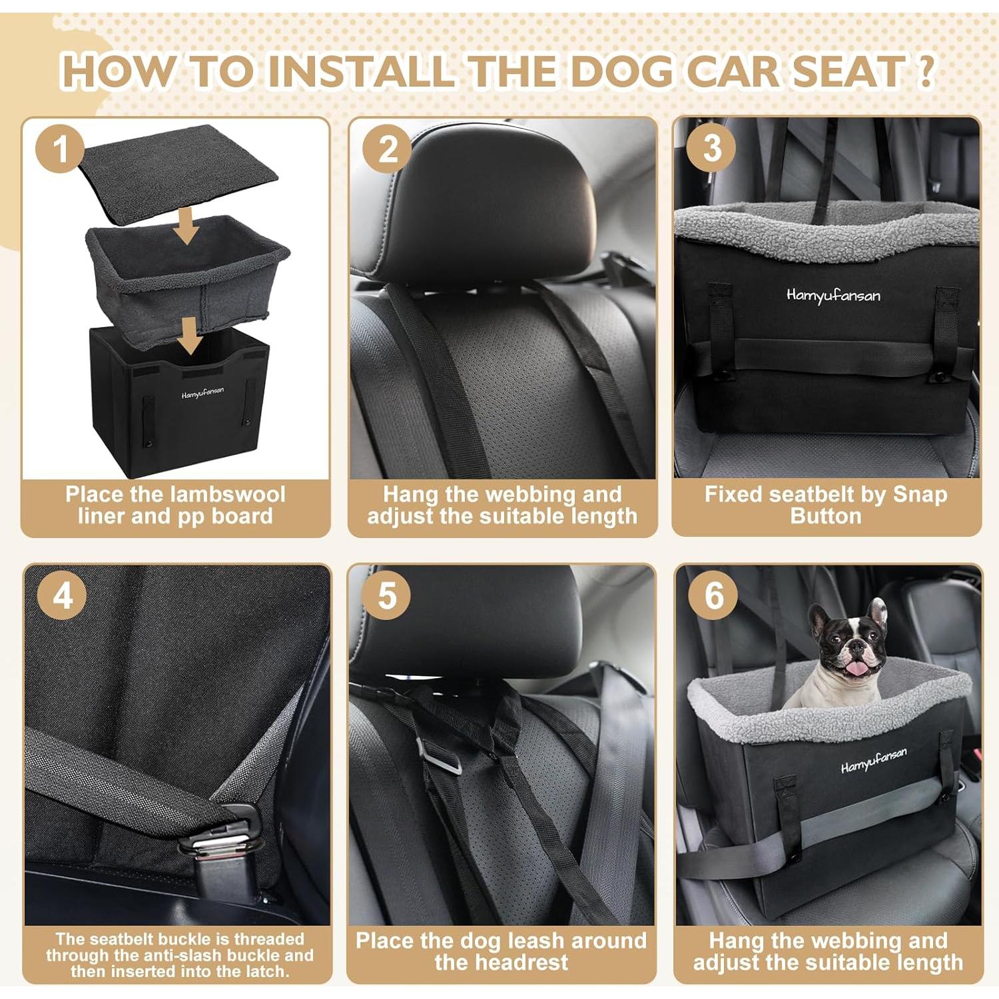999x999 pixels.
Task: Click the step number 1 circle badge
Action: coord(61,148)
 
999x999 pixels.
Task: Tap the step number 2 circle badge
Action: coord(388,148)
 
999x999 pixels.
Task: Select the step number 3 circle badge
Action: coord(711,148)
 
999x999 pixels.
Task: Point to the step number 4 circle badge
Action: coord(62,594)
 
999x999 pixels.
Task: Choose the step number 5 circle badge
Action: coord(388,594)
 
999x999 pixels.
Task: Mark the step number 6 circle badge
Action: coord(713,594)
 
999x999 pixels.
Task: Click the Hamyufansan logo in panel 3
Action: coord(832,295)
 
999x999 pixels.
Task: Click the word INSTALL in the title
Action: coord(360,71)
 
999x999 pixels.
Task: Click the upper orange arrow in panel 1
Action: coord(187,228)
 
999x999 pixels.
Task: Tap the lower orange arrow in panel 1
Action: coord(191,335)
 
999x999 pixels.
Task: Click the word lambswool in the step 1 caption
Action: coord(226,494)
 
